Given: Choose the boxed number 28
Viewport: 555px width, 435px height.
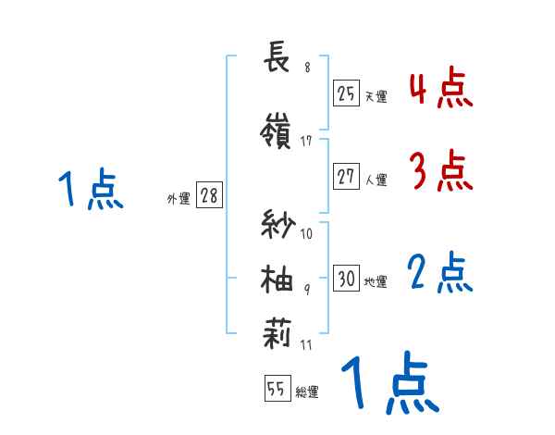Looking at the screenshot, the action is (x=210, y=196).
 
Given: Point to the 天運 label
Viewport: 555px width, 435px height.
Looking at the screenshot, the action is (x=376, y=95).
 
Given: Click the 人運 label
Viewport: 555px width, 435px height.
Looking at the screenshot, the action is (x=376, y=180).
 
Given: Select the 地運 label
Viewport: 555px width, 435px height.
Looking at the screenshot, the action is (x=376, y=281).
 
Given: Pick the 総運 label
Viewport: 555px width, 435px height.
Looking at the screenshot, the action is (x=307, y=392).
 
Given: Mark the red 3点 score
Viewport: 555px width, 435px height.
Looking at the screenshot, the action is (x=440, y=170).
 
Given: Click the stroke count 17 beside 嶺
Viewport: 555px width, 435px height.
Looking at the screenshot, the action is (x=308, y=142).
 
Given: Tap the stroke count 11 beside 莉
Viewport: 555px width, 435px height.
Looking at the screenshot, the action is (x=307, y=345).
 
